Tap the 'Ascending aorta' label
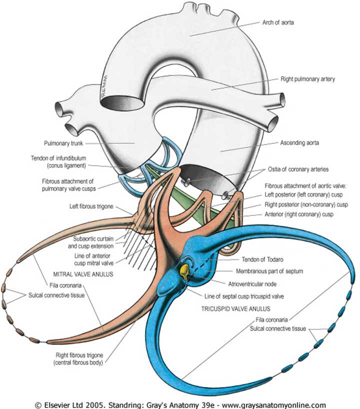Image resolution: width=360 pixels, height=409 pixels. pos(297,142)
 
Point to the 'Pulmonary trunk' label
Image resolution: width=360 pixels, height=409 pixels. pos(79,142)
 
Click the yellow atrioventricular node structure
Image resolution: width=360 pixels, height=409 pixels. pos(184,271)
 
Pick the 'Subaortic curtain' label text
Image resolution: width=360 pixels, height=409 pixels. pos(91,238)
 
